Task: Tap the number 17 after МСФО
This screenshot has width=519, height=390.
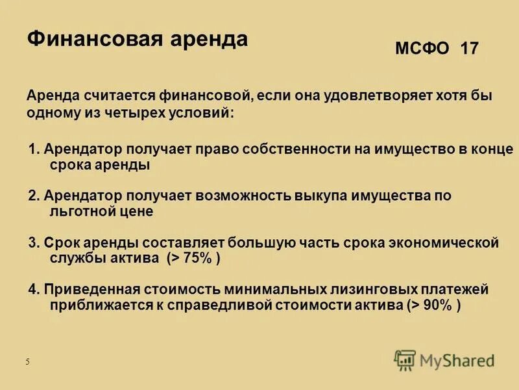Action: coord(469,49)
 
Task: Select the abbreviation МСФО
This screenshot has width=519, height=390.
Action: coord(422,49)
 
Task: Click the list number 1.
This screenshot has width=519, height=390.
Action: coord(34,149)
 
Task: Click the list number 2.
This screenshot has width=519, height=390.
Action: coord(34,195)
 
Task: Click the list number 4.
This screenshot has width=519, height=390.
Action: coord(34,289)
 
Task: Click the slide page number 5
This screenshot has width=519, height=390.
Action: coord(27,362)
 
